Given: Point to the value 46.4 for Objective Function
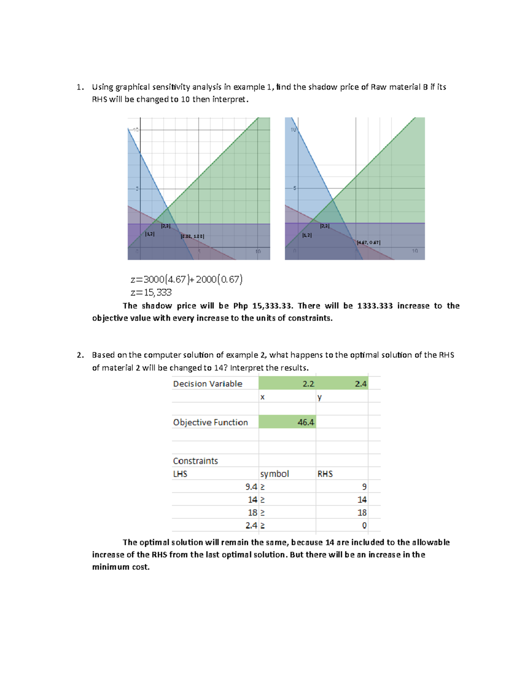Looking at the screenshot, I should coord(306,422).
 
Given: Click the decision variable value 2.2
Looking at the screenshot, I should coord(308,383).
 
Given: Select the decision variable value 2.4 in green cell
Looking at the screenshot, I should coord(361,383).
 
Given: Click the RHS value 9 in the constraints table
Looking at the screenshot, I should coord(364,487).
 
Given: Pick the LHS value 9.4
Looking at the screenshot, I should coord(251,487).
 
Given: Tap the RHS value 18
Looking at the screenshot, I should coord(362,513).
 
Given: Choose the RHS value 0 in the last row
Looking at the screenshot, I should coord(364,525).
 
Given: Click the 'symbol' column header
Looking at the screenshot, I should coord(274,474).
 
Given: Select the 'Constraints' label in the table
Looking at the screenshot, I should coord(195,461).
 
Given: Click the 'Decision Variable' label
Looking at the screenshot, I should coord(207,383).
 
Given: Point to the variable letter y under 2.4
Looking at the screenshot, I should coord(320,397).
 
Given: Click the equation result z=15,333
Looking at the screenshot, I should coord(151,293).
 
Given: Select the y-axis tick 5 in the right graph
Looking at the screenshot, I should coord(294,188).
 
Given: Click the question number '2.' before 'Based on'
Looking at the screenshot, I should coord(80,355).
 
